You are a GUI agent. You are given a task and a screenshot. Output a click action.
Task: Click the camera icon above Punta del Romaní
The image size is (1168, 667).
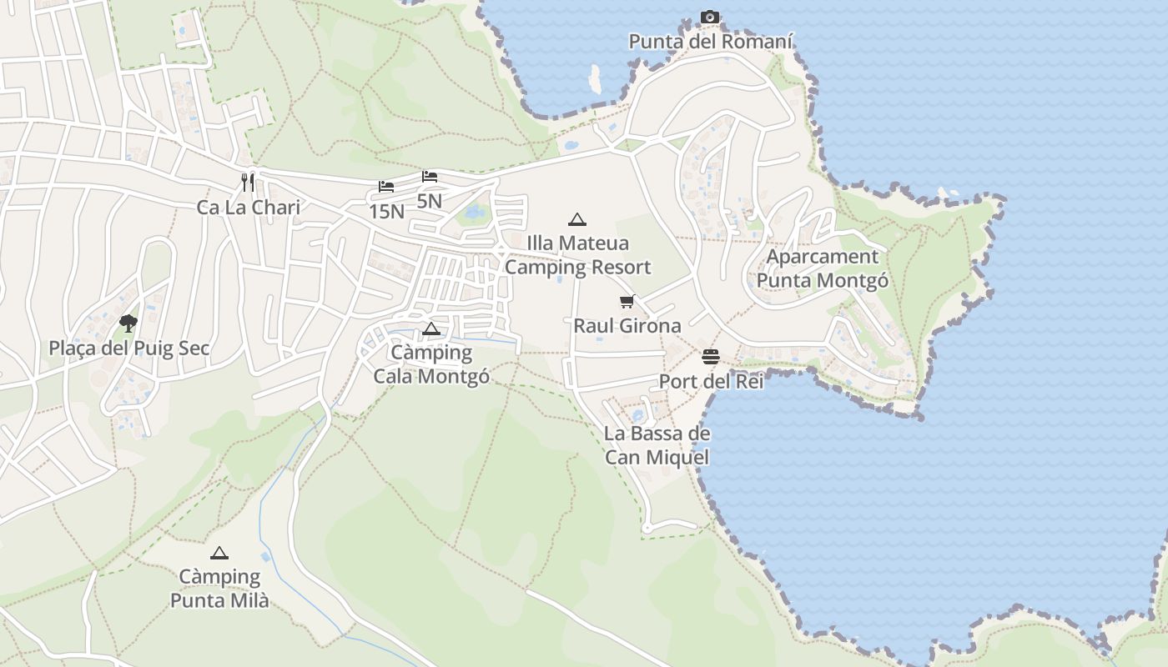coord(710,17)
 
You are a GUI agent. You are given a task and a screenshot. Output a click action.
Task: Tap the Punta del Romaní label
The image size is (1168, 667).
coord(711,41)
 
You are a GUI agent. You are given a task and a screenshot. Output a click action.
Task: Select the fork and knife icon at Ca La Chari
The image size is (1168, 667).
coord(248,182)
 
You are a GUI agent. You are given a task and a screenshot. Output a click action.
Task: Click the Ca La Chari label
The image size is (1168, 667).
coord(249,207)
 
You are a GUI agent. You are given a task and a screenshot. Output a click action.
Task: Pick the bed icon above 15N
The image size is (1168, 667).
coord(386,186)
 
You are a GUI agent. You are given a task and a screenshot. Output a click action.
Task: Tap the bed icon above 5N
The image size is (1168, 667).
coord(430,176)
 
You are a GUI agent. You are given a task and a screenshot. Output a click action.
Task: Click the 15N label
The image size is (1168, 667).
coord(386,212)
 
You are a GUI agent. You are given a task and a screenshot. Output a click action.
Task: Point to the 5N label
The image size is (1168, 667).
coord(430,201)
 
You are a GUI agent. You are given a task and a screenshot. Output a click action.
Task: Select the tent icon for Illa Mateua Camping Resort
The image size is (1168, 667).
coord(576,219)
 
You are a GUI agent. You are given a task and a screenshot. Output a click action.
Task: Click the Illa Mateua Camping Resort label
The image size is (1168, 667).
coord(577,255)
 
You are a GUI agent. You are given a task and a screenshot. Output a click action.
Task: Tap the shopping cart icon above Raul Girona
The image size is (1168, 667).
coord(627,301)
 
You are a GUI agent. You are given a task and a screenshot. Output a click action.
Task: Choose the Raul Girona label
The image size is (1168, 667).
coord(627,325)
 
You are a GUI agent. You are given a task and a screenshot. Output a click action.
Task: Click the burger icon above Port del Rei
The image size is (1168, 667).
coord(711,357)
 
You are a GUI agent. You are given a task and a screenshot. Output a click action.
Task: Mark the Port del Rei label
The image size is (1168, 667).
coord(711,381)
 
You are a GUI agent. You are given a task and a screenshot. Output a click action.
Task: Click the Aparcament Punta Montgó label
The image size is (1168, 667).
coord(823,268)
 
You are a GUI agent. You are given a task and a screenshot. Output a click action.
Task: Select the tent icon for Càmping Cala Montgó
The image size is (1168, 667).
coord(430,328)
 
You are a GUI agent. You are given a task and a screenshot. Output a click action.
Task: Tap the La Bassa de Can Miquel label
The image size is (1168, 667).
coord(657,445)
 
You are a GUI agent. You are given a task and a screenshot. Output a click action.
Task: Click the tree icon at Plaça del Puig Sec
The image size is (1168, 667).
coord(128,323)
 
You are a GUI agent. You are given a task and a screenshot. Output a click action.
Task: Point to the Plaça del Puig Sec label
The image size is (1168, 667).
coord(129,348)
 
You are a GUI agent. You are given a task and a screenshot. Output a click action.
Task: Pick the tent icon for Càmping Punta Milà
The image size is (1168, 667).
coord(219,552)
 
